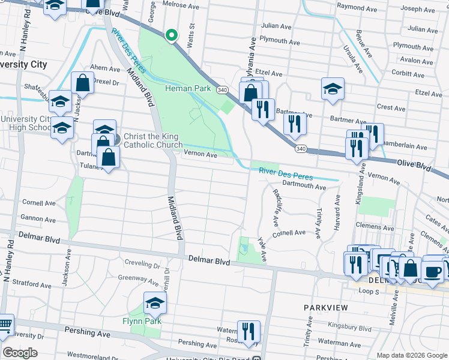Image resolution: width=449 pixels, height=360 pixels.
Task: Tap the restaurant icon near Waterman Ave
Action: click(248, 330)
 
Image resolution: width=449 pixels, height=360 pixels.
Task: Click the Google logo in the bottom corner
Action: click(20, 353)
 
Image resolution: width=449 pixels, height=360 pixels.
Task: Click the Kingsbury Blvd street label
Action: click(351, 328)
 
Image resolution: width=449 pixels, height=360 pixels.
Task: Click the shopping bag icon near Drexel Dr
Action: click(82, 83)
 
